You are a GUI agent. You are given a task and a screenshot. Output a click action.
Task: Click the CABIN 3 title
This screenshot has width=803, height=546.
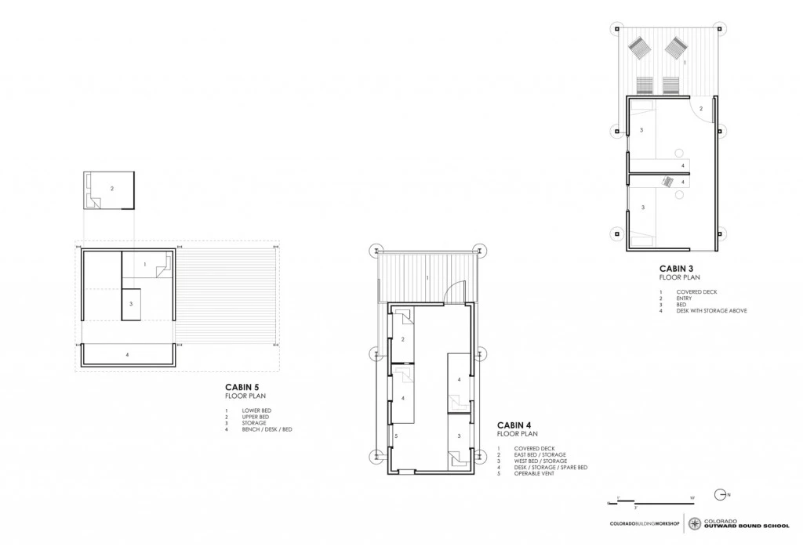pos(676,267)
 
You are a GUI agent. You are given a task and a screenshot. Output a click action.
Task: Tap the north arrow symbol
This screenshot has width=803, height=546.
pos(721,494)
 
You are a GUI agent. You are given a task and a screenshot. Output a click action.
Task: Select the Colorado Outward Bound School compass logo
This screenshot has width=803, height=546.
pos(695,522)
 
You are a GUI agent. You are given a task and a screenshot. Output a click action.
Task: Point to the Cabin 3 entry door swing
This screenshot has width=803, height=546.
pos(701,107)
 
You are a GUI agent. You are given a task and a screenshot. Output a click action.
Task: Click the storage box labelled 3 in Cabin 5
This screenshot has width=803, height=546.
pos(131,304)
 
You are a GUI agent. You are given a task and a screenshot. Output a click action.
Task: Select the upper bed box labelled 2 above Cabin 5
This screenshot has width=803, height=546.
pos(110,190)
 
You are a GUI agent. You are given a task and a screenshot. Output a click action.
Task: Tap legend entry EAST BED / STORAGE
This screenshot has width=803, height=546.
pos(542,454)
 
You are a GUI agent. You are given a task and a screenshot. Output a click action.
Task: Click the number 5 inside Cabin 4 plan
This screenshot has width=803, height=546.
pos(396,436)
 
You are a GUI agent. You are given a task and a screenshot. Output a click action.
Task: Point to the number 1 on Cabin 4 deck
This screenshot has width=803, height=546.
pos(427,278)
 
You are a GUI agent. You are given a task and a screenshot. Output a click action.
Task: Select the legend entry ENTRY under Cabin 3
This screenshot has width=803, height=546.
pos(685,298)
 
